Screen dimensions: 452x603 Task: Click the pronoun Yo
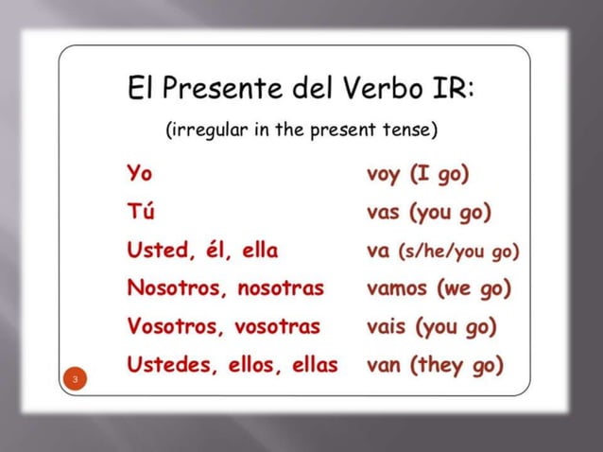138,174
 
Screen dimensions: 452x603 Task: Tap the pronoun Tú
139,212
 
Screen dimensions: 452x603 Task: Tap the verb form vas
384,212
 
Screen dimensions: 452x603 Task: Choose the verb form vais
387,326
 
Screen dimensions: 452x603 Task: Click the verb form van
384,364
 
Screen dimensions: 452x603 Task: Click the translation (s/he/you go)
460,252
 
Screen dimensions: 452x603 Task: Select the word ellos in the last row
253,364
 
